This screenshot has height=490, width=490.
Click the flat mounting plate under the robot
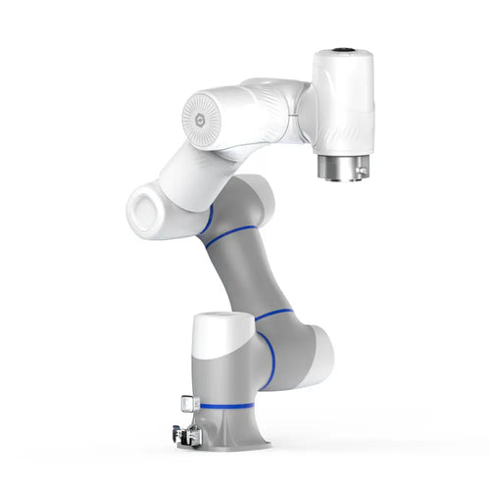(x=235, y=445)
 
